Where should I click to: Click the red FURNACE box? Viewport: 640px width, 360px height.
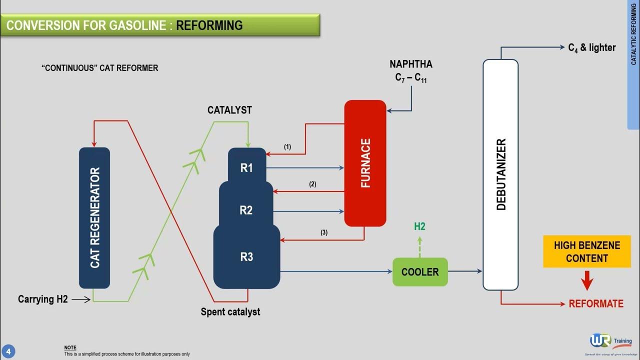pyautogui.click(x=365, y=163)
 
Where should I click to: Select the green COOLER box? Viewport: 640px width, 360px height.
pyautogui.click(x=419, y=272)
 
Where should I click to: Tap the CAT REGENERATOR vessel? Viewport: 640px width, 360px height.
pyautogui.click(x=94, y=217)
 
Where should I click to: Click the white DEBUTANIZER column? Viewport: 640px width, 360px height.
pyautogui.click(x=500, y=174)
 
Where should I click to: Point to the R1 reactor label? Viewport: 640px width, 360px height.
pyautogui.click(x=246, y=168)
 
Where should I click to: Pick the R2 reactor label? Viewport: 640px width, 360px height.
pyautogui.click(x=246, y=210)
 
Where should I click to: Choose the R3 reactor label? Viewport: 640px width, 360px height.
pyautogui.click(x=246, y=257)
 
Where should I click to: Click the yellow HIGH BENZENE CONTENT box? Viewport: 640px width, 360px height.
pyautogui.click(x=586, y=251)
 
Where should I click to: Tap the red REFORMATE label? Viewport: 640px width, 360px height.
pyautogui.click(x=596, y=303)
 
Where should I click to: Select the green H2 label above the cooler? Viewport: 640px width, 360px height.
pyautogui.click(x=419, y=227)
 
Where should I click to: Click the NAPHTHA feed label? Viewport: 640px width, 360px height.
pyautogui.click(x=411, y=64)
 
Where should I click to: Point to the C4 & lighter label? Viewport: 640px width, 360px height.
pyautogui.click(x=592, y=48)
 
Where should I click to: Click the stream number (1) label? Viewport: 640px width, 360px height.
pyautogui.click(x=287, y=147)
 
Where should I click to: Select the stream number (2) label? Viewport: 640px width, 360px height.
pyautogui.click(x=312, y=184)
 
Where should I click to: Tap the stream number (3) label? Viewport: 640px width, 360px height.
pyautogui.click(x=324, y=232)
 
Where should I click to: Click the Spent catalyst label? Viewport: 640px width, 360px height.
pyautogui.click(x=230, y=311)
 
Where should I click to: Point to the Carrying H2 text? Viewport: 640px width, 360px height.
pyautogui.click(x=43, y=299)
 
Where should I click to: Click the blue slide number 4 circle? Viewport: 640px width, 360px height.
pyautogui.click(x=8, y=351)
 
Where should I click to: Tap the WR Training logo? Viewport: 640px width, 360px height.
pyautogui.click(x=610, y=342)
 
